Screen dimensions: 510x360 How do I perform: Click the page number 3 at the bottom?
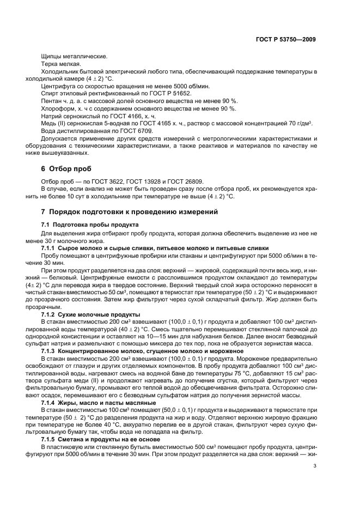pyautogui.click(x=315, y=465)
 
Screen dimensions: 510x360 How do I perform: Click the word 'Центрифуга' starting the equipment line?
pyautogui.click(x=58, y=86)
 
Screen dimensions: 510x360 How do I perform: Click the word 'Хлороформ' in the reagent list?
pyautogui.click(x=57, y=108)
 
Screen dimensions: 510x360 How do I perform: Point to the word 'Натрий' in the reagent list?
pyautogui.click(x=51, y=116)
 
